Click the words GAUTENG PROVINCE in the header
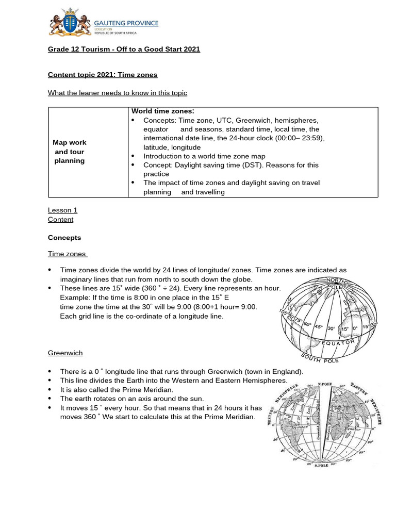pos(126,23)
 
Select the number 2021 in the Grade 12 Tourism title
pos(191,49)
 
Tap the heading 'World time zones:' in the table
pos(162,111)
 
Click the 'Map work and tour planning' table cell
pos(70,152)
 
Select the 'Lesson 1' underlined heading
pos(62,210)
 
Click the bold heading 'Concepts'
pos(64,238)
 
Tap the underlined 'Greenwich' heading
pos(65,353)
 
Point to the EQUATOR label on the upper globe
pos(338,343)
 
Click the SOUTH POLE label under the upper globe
pos(320,357)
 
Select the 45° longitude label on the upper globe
pos(319,327)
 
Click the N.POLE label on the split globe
pos(325,385)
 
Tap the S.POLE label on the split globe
pos(321,465)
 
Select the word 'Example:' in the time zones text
pos(75,298)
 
